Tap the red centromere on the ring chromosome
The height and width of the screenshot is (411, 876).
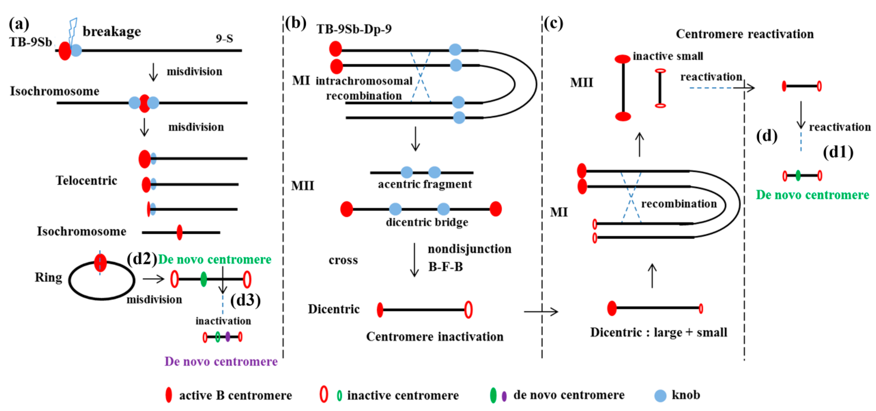click(x=100, y=263)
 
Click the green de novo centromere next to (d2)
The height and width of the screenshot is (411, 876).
click(x=203, y=279)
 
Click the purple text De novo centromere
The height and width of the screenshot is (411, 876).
click(x=221, y=361)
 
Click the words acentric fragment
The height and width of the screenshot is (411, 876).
click(x=425, y=184)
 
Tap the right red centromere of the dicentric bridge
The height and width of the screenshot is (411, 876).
click(x=495, y=209)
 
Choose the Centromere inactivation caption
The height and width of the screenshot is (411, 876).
click(x=435, y=337)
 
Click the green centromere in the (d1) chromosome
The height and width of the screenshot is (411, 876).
click(x=798, y=176)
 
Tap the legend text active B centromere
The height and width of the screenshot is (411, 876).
click(x=235, y=395)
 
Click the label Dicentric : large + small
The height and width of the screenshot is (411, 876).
click(x=659, y=332)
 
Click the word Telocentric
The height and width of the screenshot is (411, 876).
click(x=86, y=180)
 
